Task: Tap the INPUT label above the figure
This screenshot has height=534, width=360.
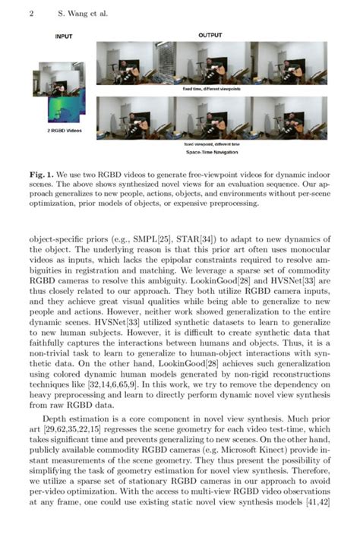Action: (64, 36)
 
